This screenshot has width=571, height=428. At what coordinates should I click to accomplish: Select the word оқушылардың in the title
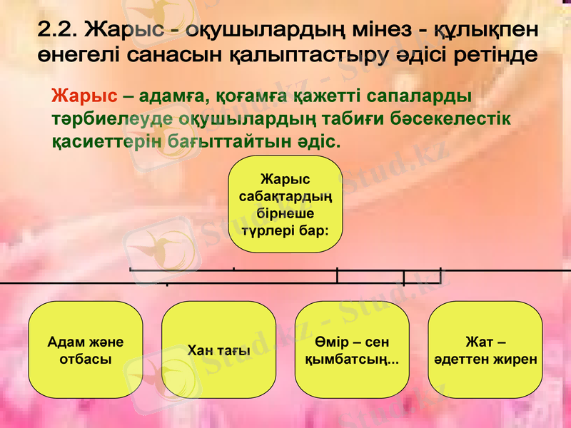tap(272, 30)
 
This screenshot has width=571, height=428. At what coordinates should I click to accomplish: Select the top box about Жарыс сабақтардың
tap(285, 204)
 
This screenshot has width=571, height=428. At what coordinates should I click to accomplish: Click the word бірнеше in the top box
tap(285, 213)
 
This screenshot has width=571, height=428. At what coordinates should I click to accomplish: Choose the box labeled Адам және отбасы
tap(85, 350)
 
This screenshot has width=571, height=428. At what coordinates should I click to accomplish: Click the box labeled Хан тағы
tap(218, 350)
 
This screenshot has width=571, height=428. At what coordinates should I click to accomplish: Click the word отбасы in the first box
tap(85, 359)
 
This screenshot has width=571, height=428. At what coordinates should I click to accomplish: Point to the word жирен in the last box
tap(517, 359)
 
